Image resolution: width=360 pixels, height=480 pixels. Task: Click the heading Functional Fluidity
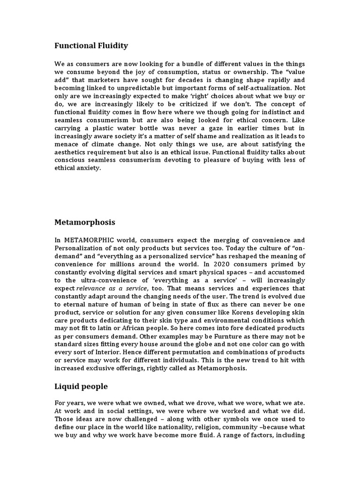pos(91,45)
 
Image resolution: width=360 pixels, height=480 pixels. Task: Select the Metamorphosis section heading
pos(84,222)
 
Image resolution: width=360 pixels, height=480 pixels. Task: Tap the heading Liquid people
pos(81,386)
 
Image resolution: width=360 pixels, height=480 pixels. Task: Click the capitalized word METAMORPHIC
pos(88,240)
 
